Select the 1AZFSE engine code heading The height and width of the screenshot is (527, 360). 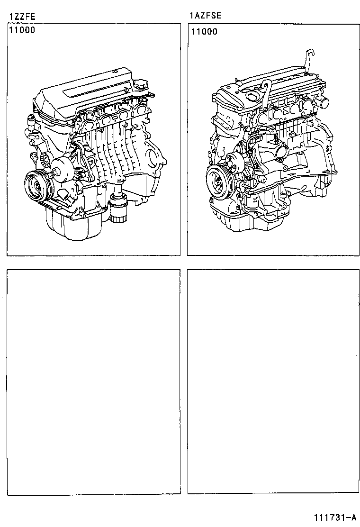coord(205,16)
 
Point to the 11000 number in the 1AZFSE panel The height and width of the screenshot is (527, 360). coord(204,32)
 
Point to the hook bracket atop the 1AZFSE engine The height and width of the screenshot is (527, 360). coord(308,59)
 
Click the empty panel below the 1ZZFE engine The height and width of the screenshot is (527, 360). coord(93,382)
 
